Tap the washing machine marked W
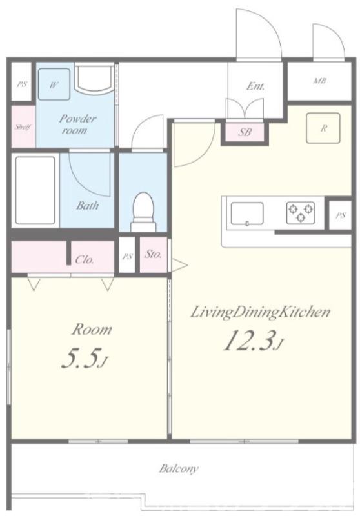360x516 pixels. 54,84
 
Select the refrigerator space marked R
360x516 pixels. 323,128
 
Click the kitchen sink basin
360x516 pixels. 247,213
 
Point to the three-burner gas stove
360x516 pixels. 301,213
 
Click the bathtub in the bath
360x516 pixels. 35,190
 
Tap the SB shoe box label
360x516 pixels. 245,132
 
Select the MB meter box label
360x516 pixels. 319,81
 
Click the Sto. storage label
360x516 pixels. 154,254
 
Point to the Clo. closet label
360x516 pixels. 85,260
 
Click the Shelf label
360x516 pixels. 23,126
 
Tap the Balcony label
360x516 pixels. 179,468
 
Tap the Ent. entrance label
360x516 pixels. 255,86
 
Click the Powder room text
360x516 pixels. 77,124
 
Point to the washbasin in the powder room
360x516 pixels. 94,79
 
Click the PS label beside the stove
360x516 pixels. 341,215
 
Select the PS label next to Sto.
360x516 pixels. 127,256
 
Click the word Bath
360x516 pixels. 88,205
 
